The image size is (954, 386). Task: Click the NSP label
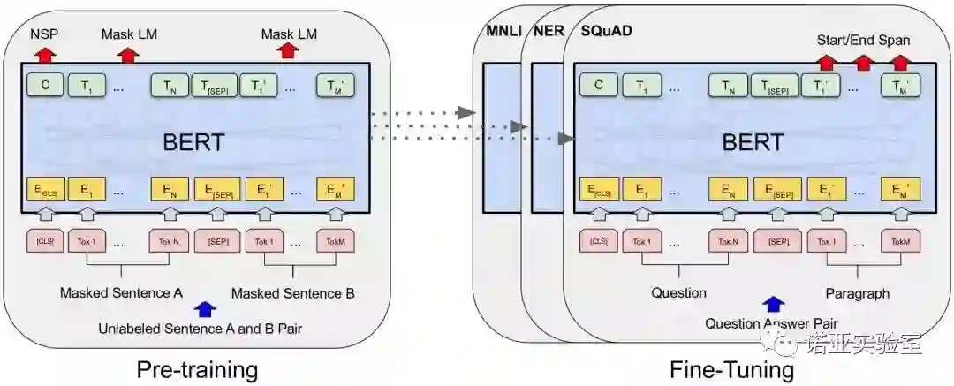coord(43,34)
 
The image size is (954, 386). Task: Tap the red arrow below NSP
coord(44,54)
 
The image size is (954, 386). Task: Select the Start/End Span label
coord(862,40)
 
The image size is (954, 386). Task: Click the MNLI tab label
coord(505,32)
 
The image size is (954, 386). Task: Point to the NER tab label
coord(549,32)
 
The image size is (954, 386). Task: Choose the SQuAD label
coord(606,32)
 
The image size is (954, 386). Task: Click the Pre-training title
coord(197,367)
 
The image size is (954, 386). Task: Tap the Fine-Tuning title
coord(732,367)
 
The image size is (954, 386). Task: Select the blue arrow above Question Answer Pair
coord(774,304)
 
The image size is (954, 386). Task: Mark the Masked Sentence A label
coord(121,292)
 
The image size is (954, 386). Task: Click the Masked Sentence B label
coord(293,292)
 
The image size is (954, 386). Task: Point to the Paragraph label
coord(857,292)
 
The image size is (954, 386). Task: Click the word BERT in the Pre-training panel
coord(193,141)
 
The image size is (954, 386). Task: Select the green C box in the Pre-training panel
coord(43,86)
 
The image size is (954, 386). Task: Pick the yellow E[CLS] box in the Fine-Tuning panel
coord(598,189)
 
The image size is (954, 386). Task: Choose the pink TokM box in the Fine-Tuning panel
coord(899,240)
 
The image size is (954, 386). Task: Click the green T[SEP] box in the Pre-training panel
coord(212,86)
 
